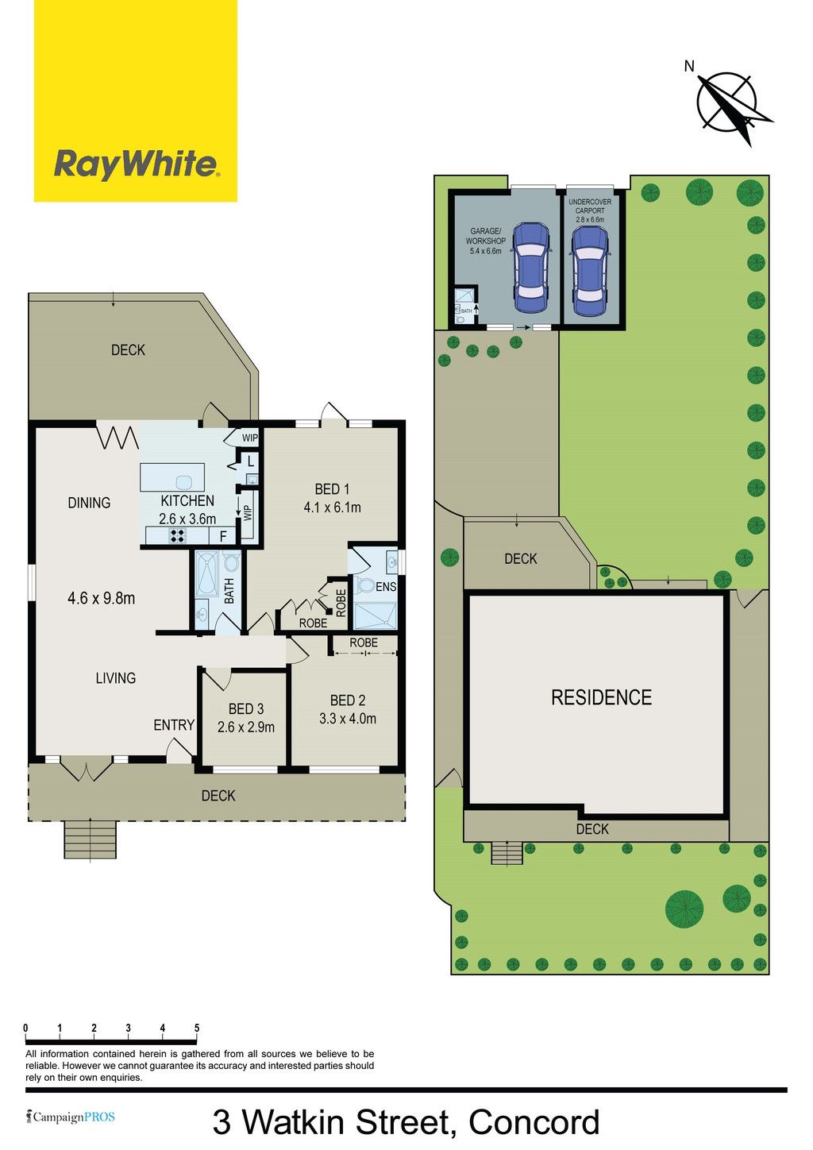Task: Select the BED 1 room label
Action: click(x=332, y=489)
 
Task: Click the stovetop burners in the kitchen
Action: click(x=178, y=536)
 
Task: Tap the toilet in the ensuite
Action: click(x=365, y=585)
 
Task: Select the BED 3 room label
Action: click(x=246, y=709)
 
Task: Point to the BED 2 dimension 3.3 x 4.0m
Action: click(x=348, y=719)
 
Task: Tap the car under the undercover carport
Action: click(x=591, y=271)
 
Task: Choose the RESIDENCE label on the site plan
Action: click(x=602, y=697)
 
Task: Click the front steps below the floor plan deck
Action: click(x=91, y=839)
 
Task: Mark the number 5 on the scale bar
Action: click(x=197, y=1028)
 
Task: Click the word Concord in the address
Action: click(x=534, y=1122)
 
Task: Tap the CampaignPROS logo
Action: click(x=71, y=1117)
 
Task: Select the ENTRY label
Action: click(x=174, y=725)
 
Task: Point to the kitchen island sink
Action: click(x=183, y=482)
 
